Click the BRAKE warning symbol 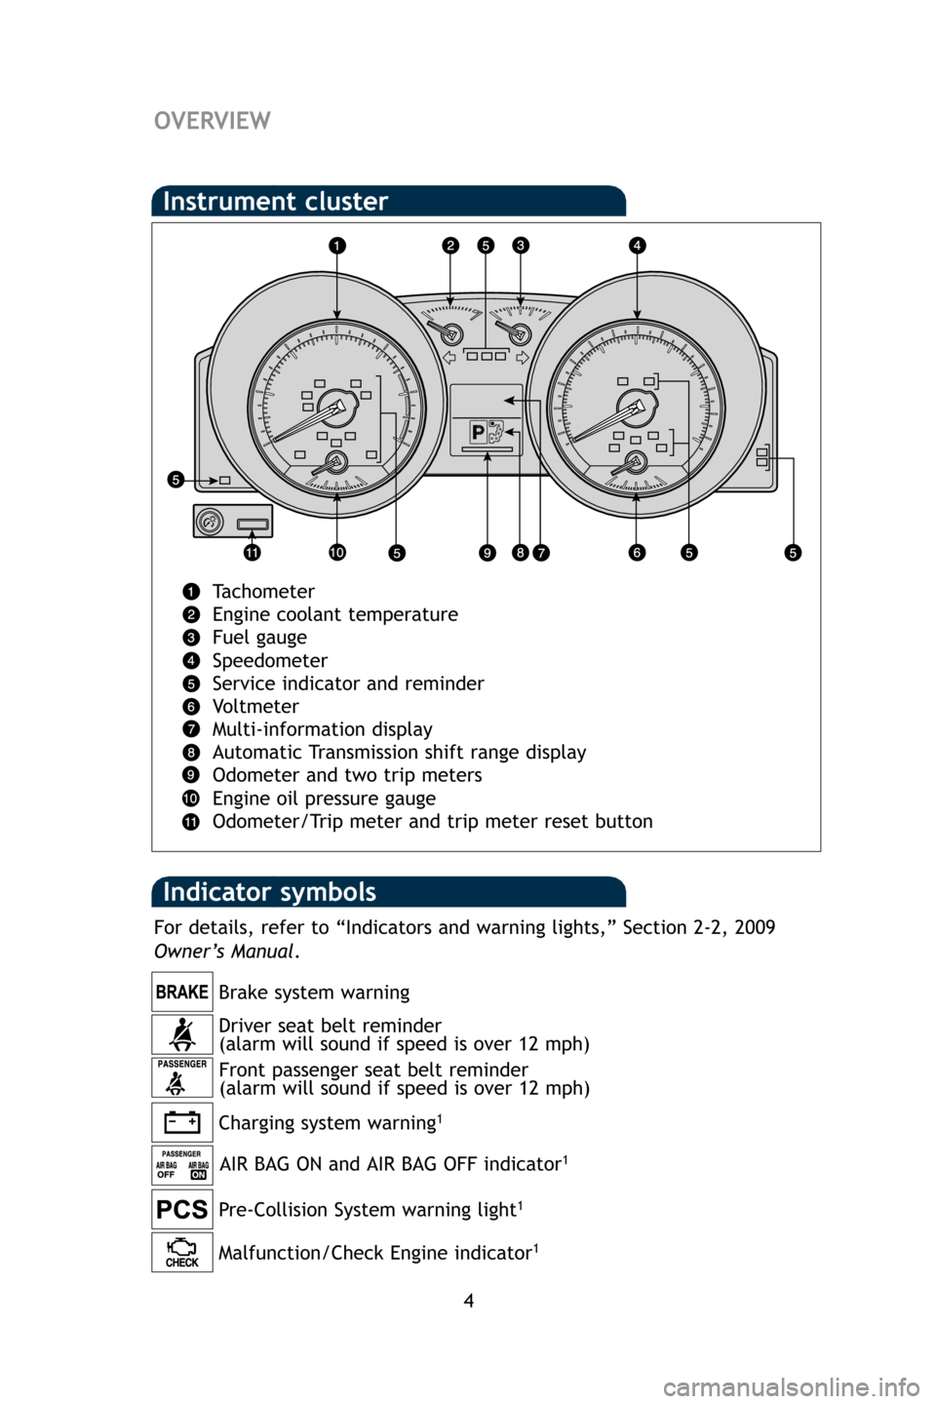click(x=182, y=993)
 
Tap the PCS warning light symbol click(x=182, y=1210)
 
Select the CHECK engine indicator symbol click(x=182, y=1253)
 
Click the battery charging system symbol click(x=182, y=1122)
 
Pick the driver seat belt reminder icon click(x=182, y=1034)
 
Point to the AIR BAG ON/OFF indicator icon click(x=182, y=1165)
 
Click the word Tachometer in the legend click(x=263, y=592)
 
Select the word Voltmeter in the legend click(x=255, y=707)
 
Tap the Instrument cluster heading click(x=276, y=202)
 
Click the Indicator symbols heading click(x=269, y=892)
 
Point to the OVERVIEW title click(x=213, y=121)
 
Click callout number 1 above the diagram click(x=335, y=247)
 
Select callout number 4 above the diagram click(x=637, y=246)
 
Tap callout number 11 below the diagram click(x=252, y=553)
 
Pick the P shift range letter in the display click(x=478, y=432)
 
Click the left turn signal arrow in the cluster click(x=449, y=358)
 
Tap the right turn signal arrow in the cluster click(x=523, y=358)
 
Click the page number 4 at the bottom click(x=468, y=1301)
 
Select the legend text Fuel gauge click(x=259, y=638)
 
